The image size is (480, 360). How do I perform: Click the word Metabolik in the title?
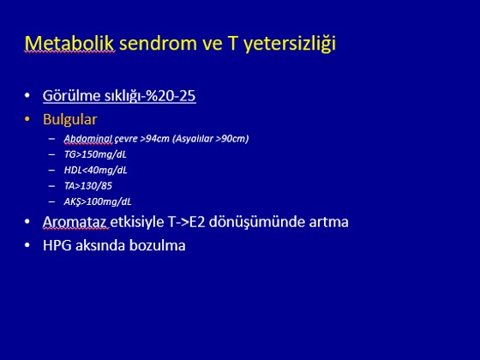pyautogui.click(x=69, y=43)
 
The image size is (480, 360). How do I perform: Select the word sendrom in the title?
pyautogui.click(x=158, y=43)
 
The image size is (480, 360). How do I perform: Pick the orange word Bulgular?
pyautogui.click(x=69, y=119)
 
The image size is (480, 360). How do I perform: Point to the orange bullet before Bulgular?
pyautogui.click(x=27, y=119)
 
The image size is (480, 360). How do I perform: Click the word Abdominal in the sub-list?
pyautogui.click(x=88, y=139)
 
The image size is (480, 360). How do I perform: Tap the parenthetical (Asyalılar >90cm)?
pyautogui.click(x=210, y=139)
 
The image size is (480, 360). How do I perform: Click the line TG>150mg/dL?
pyautogui.click(x=95, y=154)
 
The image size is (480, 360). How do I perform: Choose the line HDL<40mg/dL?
pyautogui.click(x=95, y=171)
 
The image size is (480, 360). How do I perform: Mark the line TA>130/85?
pyautogui.click(x=87, y=186)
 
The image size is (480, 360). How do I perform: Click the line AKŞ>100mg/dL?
pyautogui.click(x=98, y=201)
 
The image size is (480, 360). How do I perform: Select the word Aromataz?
pyautogui.click(x=75, y=222)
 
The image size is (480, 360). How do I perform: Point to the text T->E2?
pyautogui.click(x=187, y=222)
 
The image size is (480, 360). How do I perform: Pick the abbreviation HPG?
pyautogui.click(x=57, y=245)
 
